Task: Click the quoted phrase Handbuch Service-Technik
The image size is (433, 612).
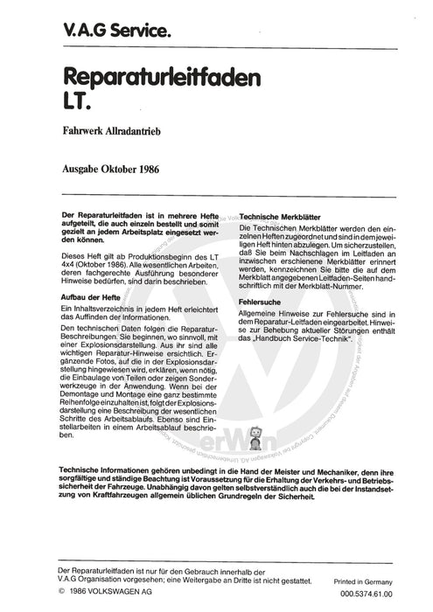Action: tap(309, 337)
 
